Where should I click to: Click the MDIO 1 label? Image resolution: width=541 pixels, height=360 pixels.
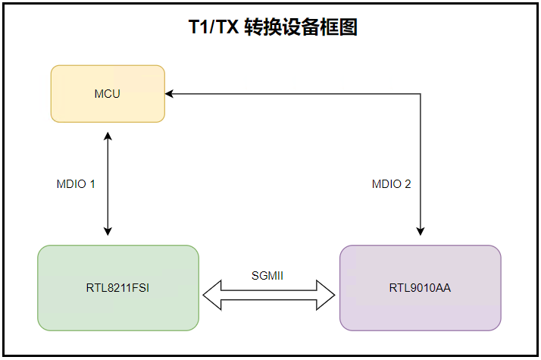(76, 184)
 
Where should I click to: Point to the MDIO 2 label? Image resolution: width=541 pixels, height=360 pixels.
(391, 184)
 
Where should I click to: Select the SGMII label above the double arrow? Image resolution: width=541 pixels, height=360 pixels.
(267, 275)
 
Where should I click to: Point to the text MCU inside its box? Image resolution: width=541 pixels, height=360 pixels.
(108, 94)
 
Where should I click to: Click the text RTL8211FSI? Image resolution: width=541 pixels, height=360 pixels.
(118, 288)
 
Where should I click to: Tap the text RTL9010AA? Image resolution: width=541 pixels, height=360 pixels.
(420, 288)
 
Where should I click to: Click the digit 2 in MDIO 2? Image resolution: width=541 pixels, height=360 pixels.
(408, 184)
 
